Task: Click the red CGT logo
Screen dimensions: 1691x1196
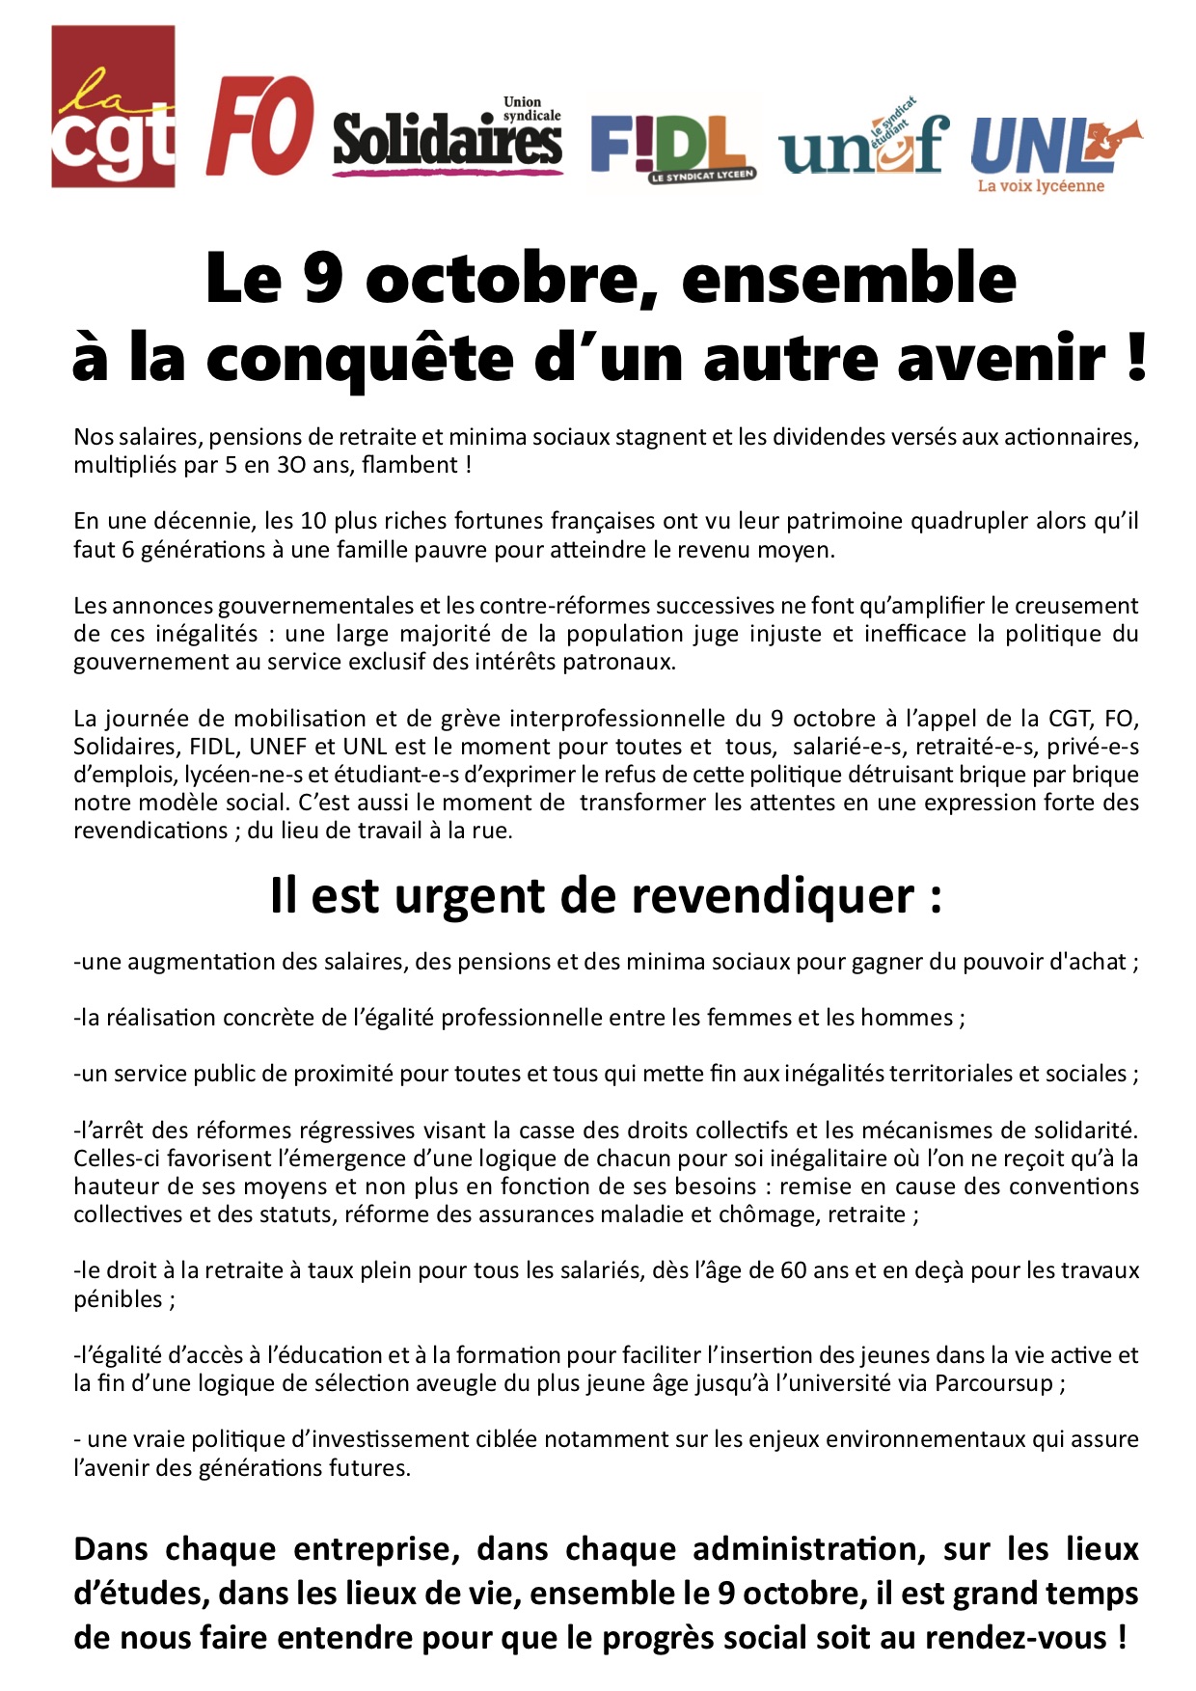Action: click(113, 106)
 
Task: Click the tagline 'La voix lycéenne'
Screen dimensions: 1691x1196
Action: click(1040, 186)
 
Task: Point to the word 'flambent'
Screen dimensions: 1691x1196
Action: click(410, 465)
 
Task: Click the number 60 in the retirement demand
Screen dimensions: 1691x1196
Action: click(793, 1270)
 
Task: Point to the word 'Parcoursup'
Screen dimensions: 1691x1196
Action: click(993, 1383)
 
